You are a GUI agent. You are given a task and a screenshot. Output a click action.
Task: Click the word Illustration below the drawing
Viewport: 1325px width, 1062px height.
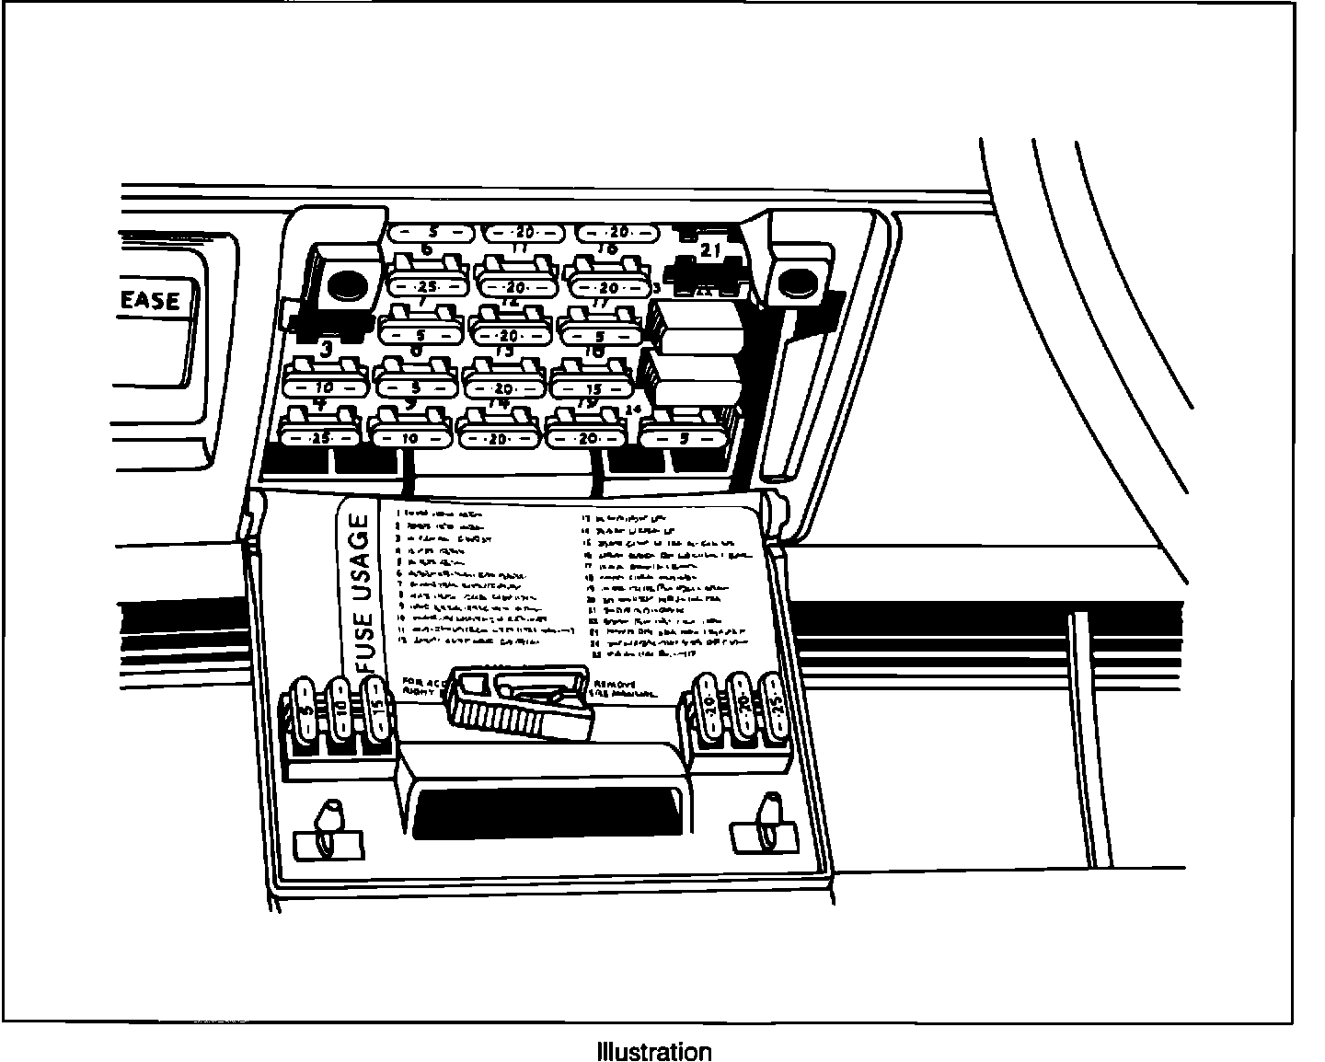[653, 1051]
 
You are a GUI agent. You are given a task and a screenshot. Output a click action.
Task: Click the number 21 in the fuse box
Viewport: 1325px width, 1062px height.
[710, 249]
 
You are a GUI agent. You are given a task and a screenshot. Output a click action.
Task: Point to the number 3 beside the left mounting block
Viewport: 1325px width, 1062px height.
[326, 348]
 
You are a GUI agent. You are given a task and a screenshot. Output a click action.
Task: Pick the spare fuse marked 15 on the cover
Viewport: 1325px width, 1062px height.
[374, 710]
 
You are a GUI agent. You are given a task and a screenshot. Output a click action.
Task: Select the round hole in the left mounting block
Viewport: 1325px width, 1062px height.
[345, 286]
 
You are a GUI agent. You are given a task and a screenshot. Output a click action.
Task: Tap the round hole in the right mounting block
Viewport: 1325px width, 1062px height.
[793, 284]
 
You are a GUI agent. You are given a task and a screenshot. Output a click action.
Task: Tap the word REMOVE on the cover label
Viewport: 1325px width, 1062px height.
[616, 683]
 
